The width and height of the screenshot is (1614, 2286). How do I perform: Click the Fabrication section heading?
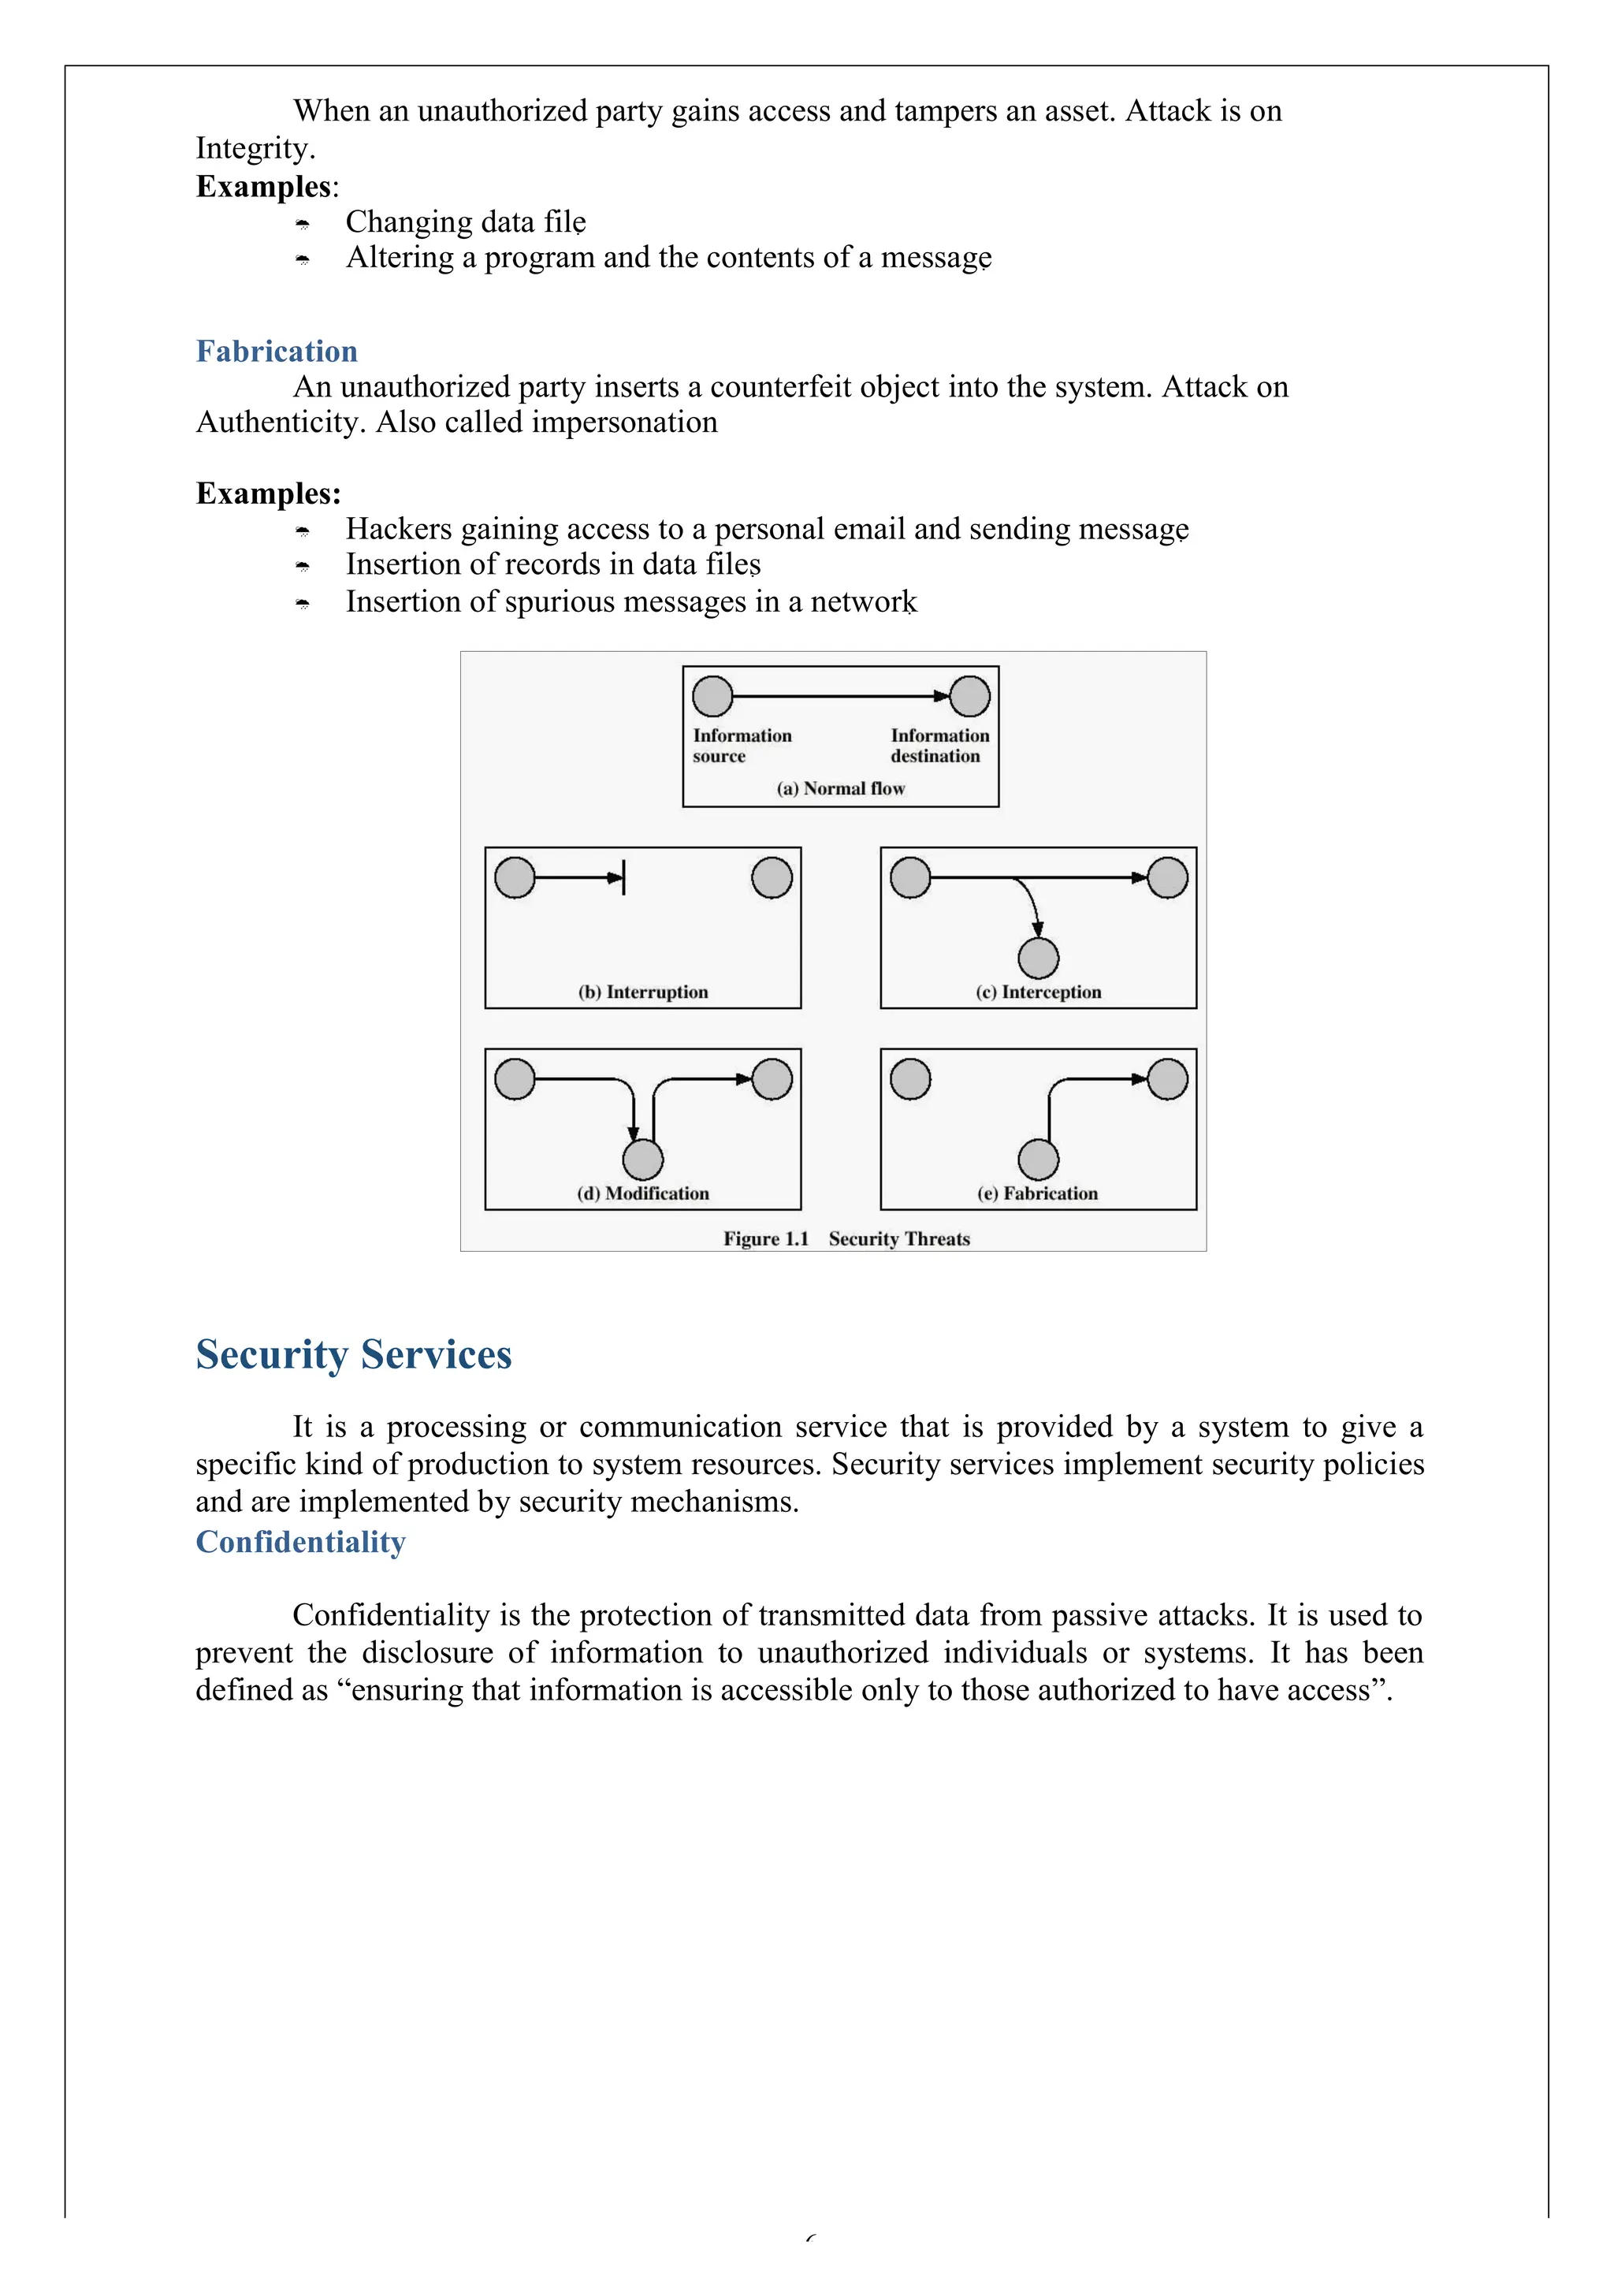(x=276, y=352)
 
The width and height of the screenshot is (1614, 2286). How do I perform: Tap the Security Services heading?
(x=354, y=1355)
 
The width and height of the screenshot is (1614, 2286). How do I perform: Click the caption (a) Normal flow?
(x=840, y=788)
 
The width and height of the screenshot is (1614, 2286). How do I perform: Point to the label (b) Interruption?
(x=643, y=992)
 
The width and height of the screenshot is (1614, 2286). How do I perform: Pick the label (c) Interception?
(x=1039, y=992)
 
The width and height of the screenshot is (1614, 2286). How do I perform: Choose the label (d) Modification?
(x=643, y=1193)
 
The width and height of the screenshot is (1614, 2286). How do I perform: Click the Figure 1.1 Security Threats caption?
(x=846, y=1240)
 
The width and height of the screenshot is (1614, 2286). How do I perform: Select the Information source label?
(x=742, y=746)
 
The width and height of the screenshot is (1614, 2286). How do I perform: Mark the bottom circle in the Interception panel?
(x=1039, y=959)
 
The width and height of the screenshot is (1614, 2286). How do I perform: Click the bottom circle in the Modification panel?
(x=643, y=1160)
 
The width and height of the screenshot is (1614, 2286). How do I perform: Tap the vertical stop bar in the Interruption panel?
(x=623, y=877)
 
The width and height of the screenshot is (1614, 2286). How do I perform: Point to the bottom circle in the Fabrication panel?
(x=1039, y=1160)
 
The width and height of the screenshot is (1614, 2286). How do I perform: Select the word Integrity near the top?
(x=254, y=148)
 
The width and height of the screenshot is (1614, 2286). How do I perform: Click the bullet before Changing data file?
(x=303, y=224)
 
